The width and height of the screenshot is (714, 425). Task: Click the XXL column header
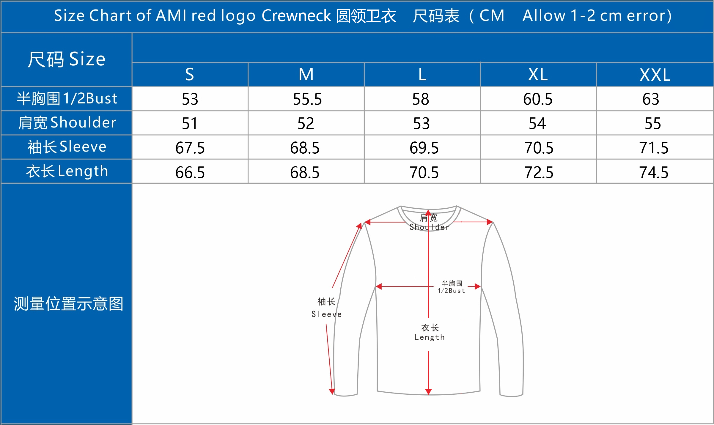pos(655,75)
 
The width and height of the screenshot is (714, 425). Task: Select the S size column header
pos(190,74)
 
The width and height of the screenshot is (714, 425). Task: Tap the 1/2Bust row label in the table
pos(67,99)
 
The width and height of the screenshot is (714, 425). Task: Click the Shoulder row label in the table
pos(67,123)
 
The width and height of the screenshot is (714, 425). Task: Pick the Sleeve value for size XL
pos(539,148)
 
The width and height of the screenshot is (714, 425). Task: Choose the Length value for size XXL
pos(654,172)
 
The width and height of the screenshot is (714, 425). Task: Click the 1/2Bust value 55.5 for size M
pos(307,99)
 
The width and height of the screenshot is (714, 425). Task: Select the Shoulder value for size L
pos(422,124)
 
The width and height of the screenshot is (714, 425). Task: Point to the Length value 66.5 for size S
pos(190,172)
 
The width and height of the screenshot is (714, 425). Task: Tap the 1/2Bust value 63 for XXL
pos(651,99)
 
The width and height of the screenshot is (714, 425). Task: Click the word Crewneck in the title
pos(296,15)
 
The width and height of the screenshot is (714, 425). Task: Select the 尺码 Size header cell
pos(67,59)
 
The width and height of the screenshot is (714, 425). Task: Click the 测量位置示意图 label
pos(68,304)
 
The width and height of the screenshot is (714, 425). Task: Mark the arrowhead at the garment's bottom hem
pos(428,392)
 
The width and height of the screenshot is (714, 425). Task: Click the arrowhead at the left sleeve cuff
pos(332,392)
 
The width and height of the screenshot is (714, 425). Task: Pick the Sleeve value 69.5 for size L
pos(424,148)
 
